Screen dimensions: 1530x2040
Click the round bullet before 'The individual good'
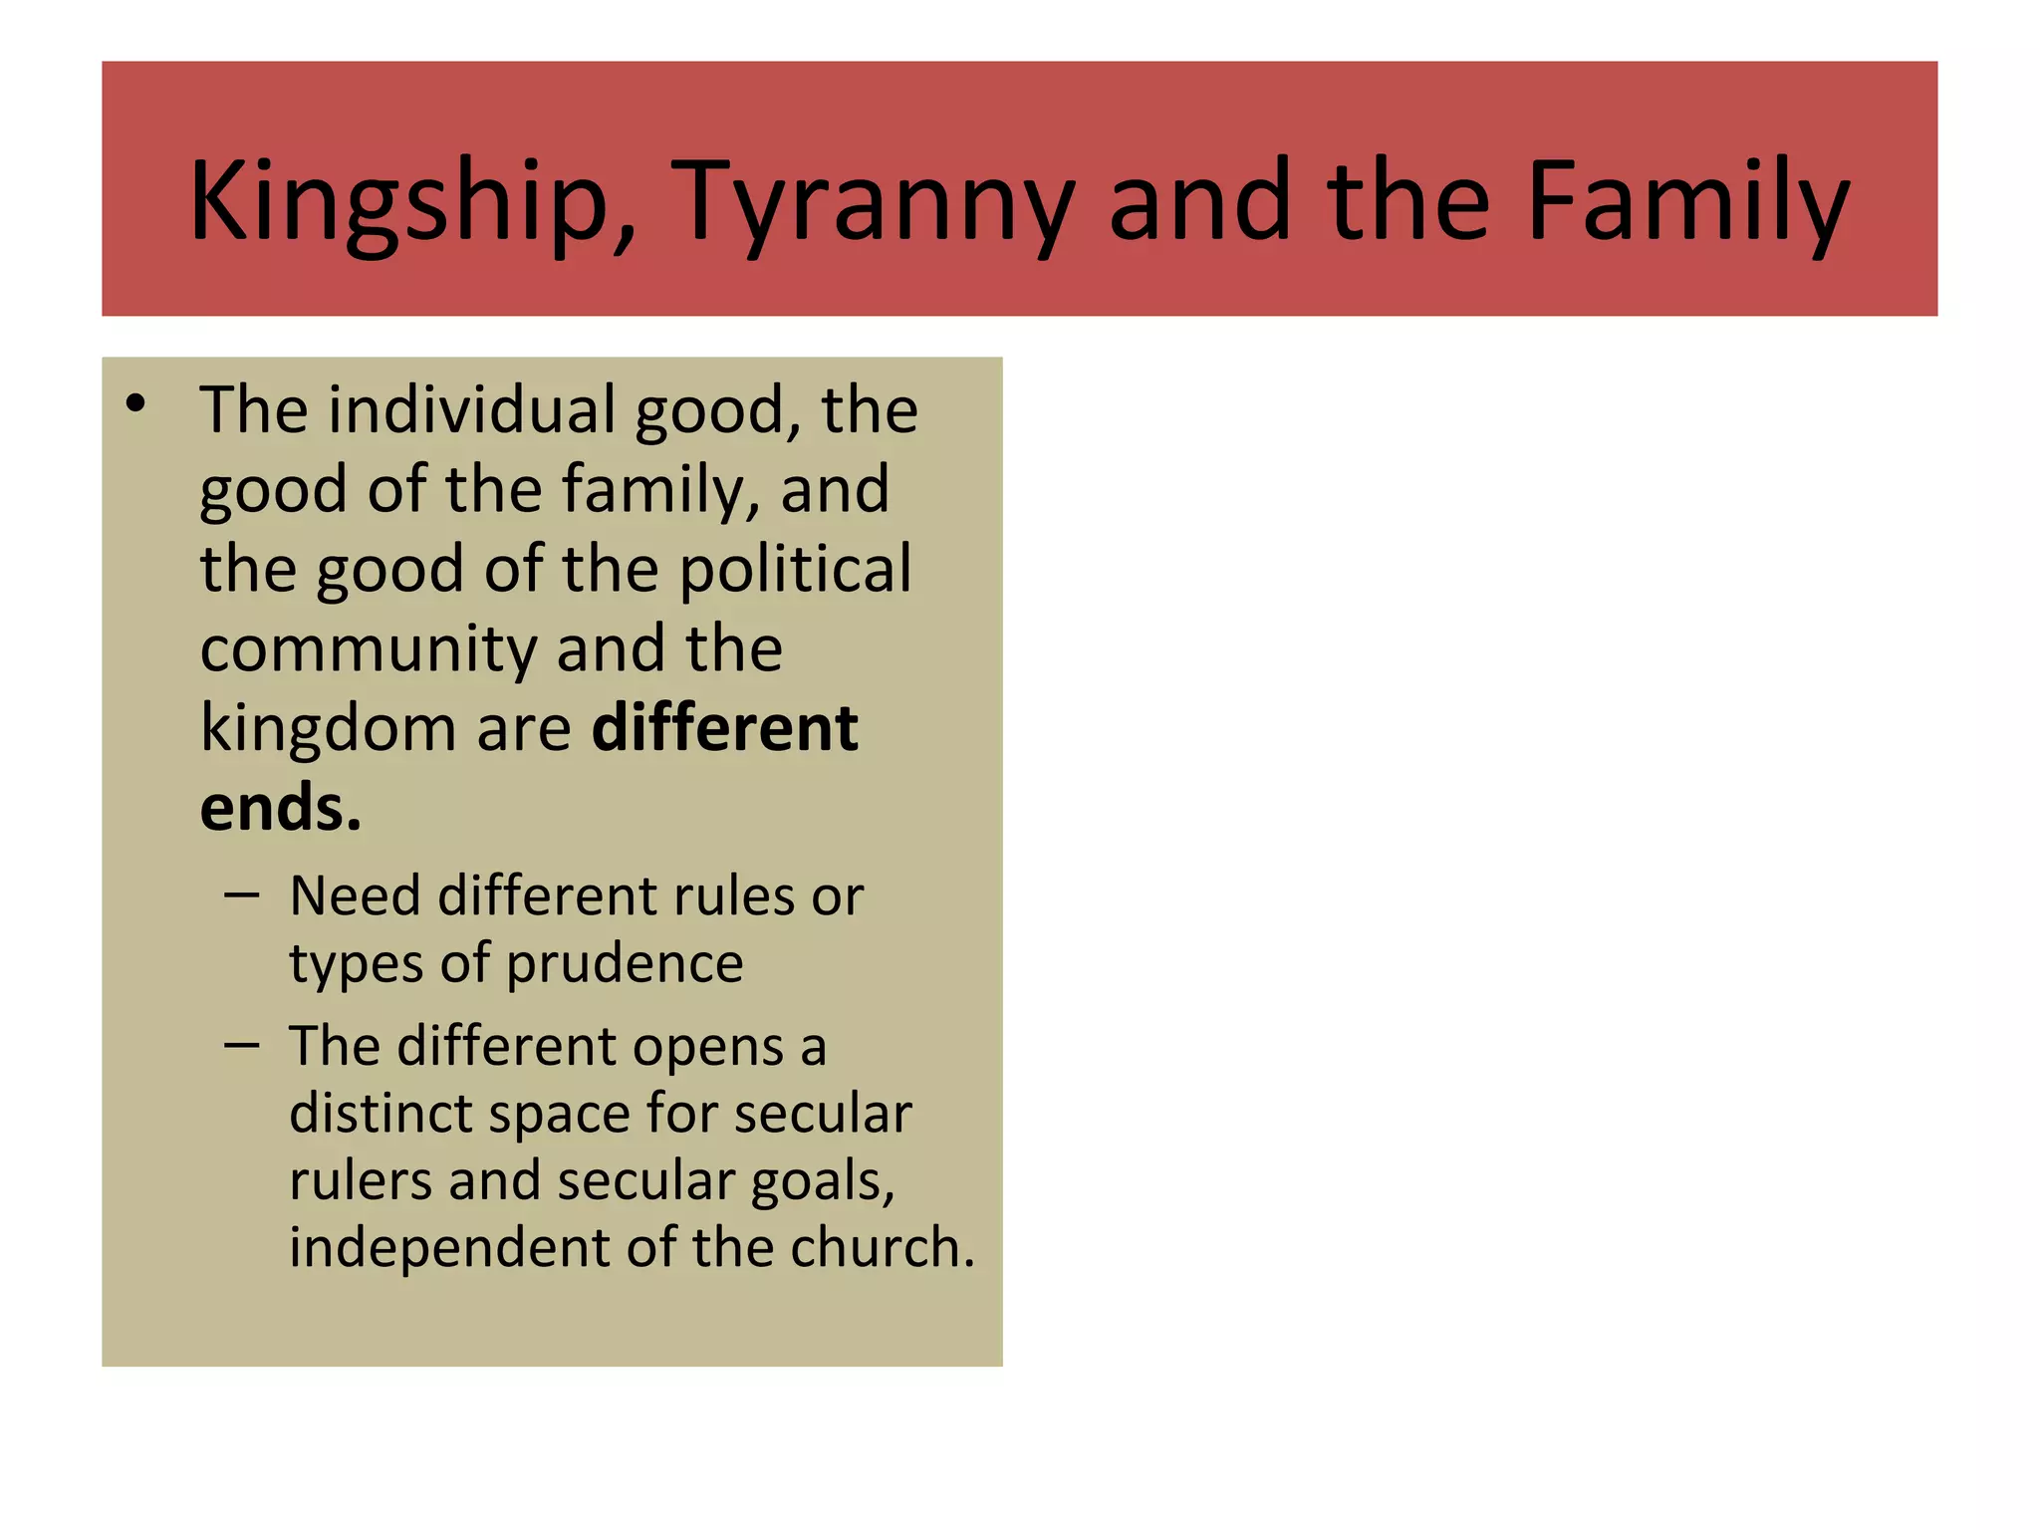[136, 403]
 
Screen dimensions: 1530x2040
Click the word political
[795, 569]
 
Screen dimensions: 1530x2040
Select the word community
[368, 649]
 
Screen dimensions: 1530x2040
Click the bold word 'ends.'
[280, 808]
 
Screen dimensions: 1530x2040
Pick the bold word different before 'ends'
[724, 728]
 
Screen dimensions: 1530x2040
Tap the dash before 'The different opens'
[242, 1046]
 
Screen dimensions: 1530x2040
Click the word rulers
[360, 1181]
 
